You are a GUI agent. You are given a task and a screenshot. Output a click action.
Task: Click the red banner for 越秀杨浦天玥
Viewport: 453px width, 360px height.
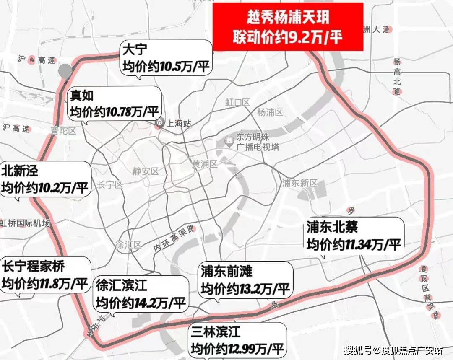(x=288, y=26)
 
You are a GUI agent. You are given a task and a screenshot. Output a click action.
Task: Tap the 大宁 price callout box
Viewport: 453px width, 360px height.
(x=166, y=58)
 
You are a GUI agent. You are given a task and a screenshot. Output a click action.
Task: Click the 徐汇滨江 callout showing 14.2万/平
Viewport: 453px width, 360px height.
(x=141, y=293)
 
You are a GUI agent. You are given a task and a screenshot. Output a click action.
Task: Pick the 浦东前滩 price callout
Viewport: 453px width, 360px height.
(x=246, y=279)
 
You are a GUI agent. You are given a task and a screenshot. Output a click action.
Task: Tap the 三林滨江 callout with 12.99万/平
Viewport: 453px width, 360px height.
(x=238, y=340)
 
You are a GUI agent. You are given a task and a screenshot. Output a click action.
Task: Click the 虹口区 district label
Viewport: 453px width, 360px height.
(x=237, y=102)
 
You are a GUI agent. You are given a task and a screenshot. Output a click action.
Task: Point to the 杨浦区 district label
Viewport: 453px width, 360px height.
(x=270, y=112)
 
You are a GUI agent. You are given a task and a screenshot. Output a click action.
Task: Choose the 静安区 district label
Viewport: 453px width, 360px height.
(x=146, y=171)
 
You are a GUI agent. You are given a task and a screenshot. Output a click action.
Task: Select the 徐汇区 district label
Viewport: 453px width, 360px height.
(x=128, y=245)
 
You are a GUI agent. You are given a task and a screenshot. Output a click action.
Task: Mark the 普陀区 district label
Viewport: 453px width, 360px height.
(x=63, y=131)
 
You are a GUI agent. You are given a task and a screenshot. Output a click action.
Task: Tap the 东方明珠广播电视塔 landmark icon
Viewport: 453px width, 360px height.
(x=229, y=140)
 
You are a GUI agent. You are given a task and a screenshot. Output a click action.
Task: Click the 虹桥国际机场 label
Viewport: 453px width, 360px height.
(x=25, y=223)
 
